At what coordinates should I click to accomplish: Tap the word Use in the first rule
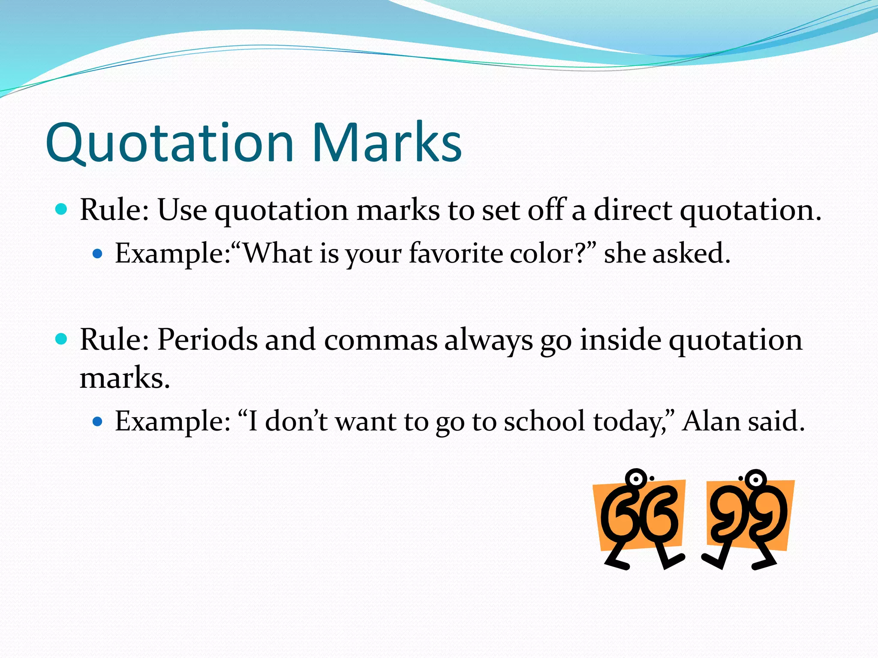[x=182, y=210]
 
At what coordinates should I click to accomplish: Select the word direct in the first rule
[x=633, y=210]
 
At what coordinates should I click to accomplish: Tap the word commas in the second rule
[x=381, y=341]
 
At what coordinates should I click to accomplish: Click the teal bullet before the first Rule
[x=62, y=209]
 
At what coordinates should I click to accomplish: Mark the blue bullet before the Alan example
[x=98, y=422]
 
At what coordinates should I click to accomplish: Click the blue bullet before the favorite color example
[x=98, y=254]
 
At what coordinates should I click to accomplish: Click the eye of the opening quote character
[x=636, y=478]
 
